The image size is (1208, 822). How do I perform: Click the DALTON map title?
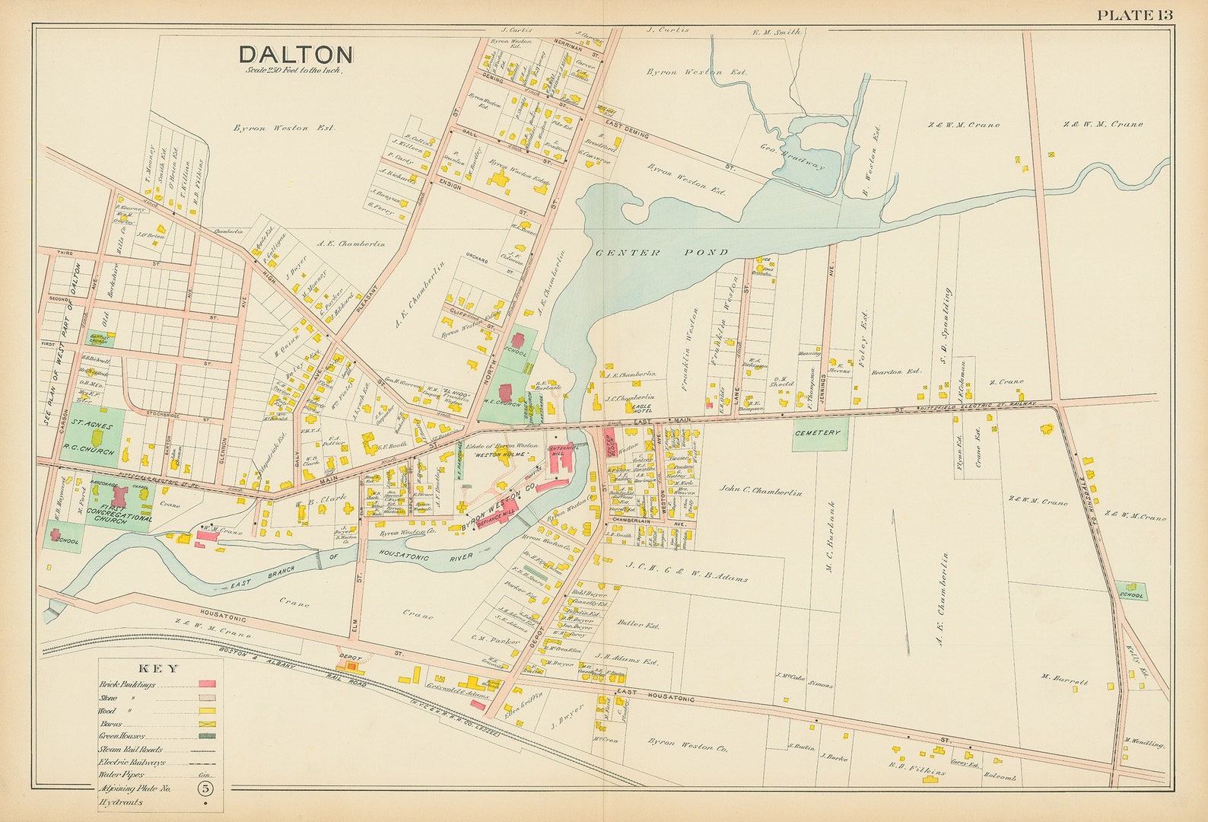click(x=295, y=54)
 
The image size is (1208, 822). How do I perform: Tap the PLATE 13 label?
click(x=1134, y=14)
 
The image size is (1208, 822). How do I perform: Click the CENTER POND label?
click(x=662, y=252)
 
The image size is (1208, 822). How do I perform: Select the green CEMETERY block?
click(x=819, y=433)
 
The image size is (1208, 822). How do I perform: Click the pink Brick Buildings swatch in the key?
click(x=207, y=684)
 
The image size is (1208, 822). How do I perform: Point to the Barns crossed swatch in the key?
click(x=207, y=723)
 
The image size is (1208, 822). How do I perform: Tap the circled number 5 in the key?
click(x=207, y=788)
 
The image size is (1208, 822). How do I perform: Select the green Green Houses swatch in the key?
click(x=207, y=736)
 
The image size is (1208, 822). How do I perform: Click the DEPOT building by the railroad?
click(x=351, y=665)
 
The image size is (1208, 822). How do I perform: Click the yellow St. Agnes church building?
click(x=97, y=438)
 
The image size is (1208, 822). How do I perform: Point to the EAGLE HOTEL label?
click(x=644, y=409)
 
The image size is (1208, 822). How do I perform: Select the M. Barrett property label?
click(x=1065, y=682)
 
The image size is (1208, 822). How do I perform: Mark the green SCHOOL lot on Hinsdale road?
click(x=1132, y=592)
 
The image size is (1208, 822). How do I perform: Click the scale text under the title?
click(x=294, y=71)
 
